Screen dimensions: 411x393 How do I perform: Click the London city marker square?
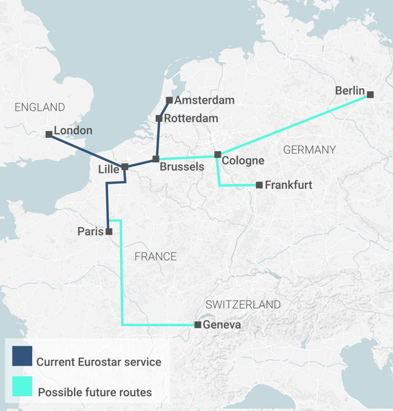(49, 134)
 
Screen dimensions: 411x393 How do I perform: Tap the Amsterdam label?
(204, 100)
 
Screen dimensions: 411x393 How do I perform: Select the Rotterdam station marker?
(159, 119)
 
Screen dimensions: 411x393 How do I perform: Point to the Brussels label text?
(182, 167)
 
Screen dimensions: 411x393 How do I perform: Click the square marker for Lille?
(125, 167)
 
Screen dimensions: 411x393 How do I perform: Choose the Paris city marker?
(108, 232)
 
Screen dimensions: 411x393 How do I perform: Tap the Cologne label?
(243, 161)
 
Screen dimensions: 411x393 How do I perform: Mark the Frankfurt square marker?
(259, 185)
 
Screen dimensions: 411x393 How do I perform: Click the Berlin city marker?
(370, 95)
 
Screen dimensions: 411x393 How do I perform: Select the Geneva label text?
(222, 325)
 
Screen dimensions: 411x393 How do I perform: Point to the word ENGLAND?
(40, 107)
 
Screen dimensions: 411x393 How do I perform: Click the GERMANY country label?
(310, 150)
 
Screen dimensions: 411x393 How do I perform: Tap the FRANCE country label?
(156, 257)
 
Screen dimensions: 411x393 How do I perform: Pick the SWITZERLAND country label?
(243, 305)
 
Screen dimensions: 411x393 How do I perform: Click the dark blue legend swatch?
(22, 356)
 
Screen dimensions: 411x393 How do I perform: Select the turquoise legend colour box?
(22, 387)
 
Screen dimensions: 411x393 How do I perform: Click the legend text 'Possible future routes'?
(95, 393)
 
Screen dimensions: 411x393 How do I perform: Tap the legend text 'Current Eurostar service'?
(99, 362)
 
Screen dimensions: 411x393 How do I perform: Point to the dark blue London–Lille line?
(87, 151)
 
